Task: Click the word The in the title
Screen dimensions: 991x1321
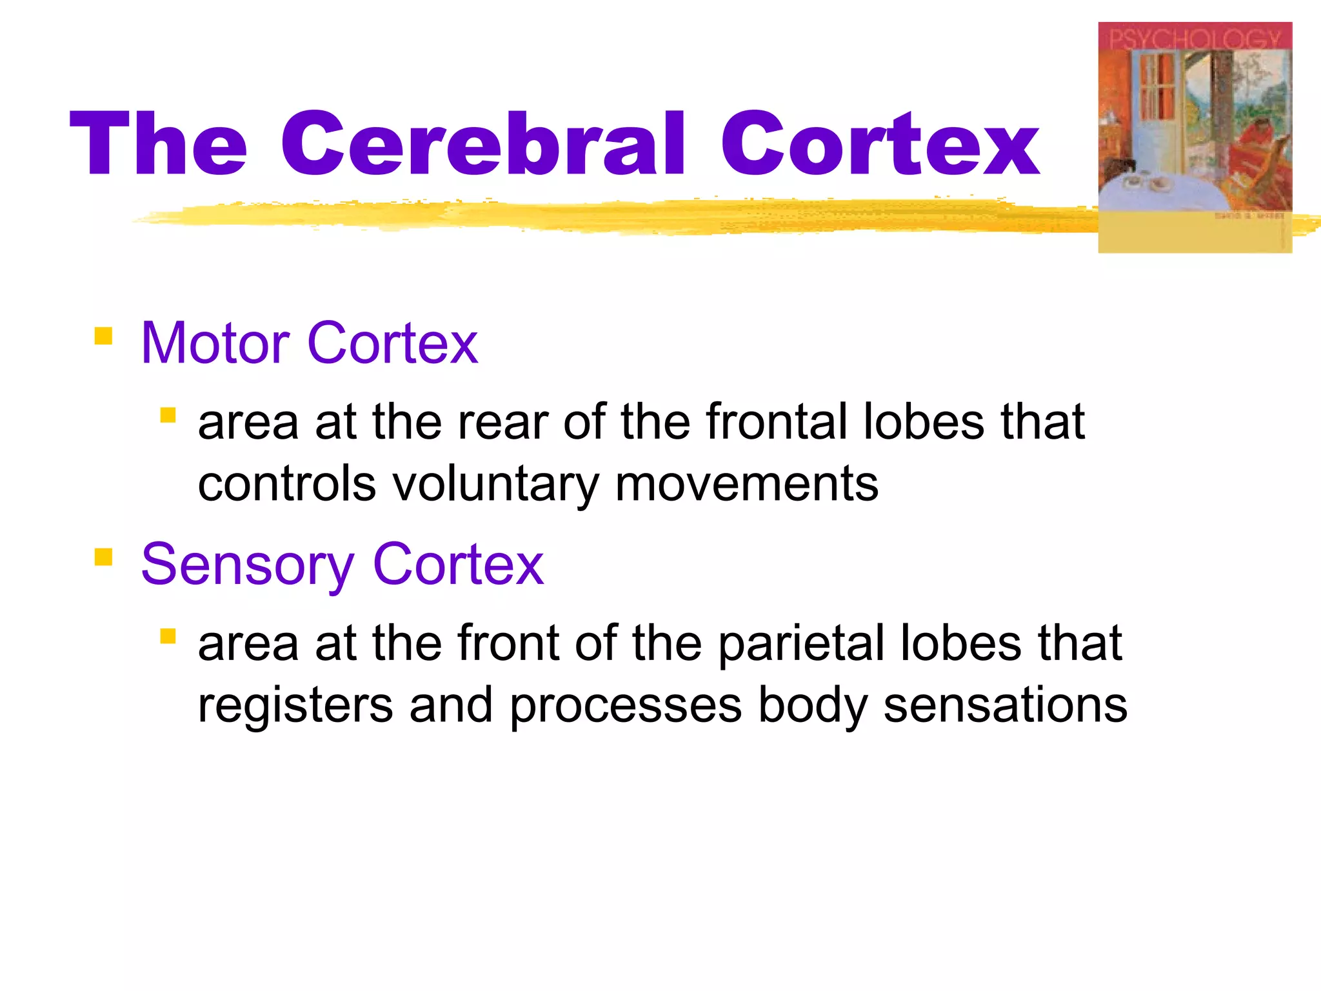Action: tap(159, 143)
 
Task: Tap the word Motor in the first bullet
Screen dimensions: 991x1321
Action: tap(215, 343)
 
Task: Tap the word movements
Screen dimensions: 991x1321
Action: tap(746, 484)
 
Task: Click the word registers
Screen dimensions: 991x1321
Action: tap(295, 705)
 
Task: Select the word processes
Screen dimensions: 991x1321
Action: tap(626, 705)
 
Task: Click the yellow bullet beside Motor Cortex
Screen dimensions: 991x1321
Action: tap(103, 336)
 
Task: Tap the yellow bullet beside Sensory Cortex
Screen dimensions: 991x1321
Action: tap(103, 557)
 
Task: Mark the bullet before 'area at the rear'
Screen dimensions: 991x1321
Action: tap(168, 415)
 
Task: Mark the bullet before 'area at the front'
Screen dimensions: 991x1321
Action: tap(168, 637)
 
